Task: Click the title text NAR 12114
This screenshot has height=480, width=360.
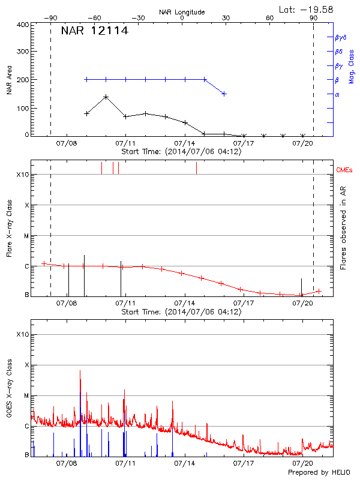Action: (95, 31)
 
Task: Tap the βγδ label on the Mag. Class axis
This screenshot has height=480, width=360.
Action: (340, 37)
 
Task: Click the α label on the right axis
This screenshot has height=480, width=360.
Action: (337, 94)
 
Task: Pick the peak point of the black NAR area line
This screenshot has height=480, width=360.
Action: (106, 97)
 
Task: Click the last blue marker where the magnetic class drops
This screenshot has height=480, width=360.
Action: (224, 94)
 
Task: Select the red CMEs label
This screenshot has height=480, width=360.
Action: (344, 170)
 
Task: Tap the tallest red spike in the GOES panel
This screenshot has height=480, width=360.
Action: (80, 371)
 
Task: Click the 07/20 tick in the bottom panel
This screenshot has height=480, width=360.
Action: (302, 463)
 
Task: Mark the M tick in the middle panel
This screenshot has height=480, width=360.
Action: (26, 236)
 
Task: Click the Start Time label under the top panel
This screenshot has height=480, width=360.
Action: (181, 152)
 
